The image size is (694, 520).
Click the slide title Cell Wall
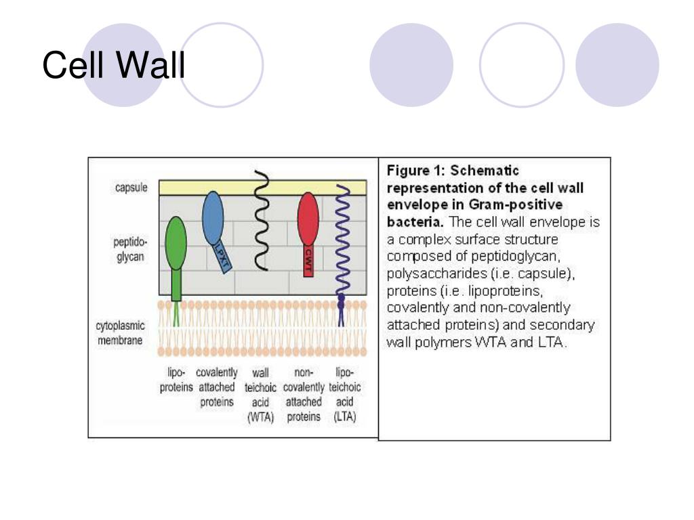114,65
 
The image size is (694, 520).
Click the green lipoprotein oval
176,243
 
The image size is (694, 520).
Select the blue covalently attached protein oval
213,217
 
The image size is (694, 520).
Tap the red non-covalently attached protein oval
308,219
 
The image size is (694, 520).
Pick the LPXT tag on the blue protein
222,257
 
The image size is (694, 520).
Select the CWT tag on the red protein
308,261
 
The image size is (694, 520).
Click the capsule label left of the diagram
131,188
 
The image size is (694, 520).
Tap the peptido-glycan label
129,249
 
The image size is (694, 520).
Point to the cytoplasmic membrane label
120,333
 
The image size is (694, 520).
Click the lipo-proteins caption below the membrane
176,380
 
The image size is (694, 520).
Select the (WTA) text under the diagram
261,416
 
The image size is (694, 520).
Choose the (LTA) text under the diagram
345,416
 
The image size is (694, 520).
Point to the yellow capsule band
263,188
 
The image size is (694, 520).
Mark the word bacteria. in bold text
415,221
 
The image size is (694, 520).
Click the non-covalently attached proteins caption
304,395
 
